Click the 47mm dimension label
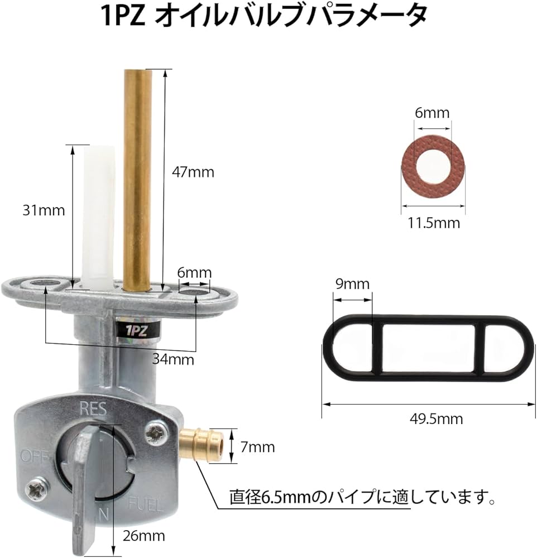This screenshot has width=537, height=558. (x=193, y=172)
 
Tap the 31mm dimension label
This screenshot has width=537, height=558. (x=44, y=210)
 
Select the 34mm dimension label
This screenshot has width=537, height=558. (x=173, y=359)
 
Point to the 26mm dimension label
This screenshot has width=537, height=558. (x=144, y=536)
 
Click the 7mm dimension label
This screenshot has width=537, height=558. (x=257, y=447)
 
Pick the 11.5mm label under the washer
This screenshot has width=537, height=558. (x=434, y=223)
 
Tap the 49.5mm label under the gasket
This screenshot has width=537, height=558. (x=436, y=419)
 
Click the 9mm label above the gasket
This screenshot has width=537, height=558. (x=353, y=284)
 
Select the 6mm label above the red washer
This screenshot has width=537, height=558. (x=432, y=113)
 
